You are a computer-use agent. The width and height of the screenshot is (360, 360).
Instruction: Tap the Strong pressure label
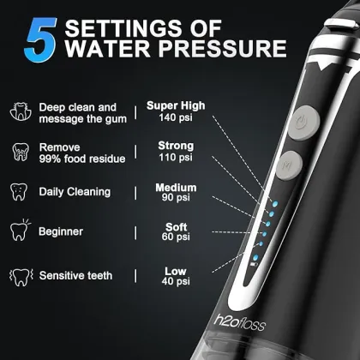point(176,146)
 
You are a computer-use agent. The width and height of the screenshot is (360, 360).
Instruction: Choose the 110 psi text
point(176,158)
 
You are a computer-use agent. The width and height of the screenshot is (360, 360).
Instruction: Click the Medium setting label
point(176,188)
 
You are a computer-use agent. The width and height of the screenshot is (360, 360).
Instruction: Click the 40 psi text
point(176,282)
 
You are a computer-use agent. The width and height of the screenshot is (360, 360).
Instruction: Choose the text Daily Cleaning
point(76,191)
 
